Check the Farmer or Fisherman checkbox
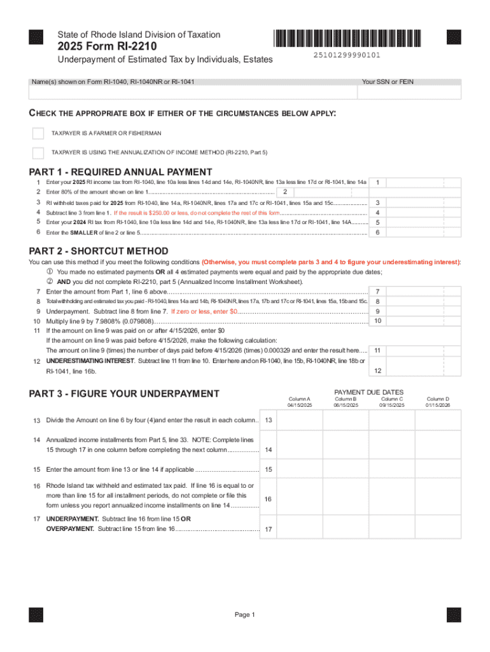tap(38, 134)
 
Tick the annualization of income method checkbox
tap(38, 153)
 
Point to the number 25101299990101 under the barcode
tap(347, 55)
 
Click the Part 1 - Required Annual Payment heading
tap(121, 172)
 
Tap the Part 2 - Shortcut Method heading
tap(99, 251)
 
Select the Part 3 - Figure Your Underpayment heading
tap(124, 393)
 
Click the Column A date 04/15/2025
tap(300, 405)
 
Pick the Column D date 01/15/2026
tap(438, 405)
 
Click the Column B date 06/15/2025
tap(346, 405)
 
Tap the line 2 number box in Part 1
tap(286, 192)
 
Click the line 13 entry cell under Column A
tap(300, 420)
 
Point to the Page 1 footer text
tap(244, 614)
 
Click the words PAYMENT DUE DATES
tap(368, 392)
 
